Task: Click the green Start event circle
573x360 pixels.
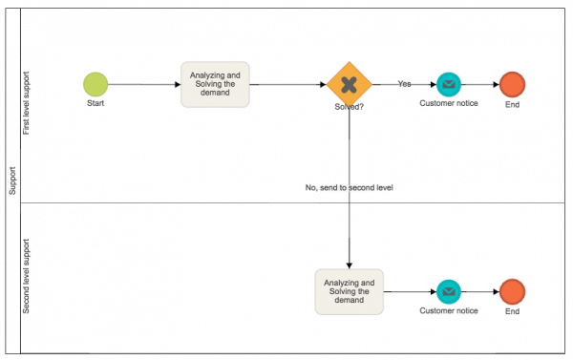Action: (x=95, y=84)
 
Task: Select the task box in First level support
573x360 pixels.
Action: (x=215, y=84)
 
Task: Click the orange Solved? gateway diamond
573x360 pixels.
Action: (x=349, y=84)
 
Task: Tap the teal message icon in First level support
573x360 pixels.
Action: (x=449, y=84)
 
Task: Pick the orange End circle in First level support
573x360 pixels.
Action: (x=512, y=84)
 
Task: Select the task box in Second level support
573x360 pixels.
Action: (x=349, y=291)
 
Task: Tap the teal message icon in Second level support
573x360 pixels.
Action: (x=449, y=291)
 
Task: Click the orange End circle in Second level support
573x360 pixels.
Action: (x=512, y=291)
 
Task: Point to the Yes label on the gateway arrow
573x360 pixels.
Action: (x=404, y=84)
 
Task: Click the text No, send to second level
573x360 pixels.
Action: (x=349, y=188)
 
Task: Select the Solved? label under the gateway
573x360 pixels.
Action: (x=349, y=108)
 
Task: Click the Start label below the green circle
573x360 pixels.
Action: (x=95, y=103)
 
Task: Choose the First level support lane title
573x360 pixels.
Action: (x=27, y=103)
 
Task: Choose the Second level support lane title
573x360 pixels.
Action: (x=27, y=277)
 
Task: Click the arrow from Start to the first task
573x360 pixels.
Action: (x=143, y=84)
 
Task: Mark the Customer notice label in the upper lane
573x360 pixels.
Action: (x=449, y=103)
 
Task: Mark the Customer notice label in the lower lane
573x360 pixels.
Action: (x=449, y=310)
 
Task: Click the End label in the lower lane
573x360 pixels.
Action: (x=512, y=310)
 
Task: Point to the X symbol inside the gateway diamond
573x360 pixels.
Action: (x=349, y=84)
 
